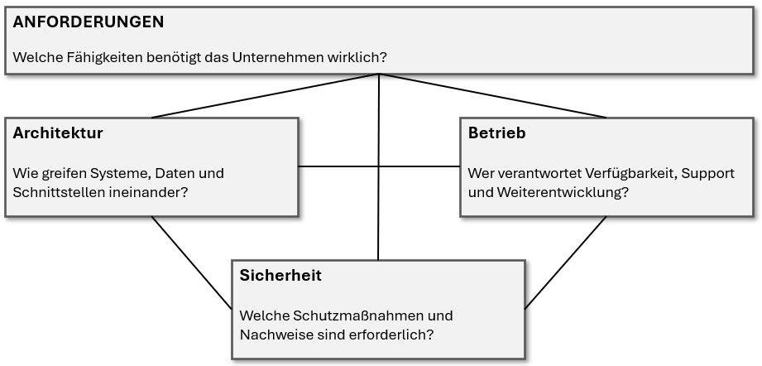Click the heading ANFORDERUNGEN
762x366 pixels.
pos(89,22)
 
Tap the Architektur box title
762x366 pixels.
pos(58,133)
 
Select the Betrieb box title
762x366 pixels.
pos(496,133)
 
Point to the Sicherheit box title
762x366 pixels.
pos(280,276)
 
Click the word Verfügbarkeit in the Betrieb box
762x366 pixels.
pos(630,174)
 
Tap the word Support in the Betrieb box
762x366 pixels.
pos(708,174)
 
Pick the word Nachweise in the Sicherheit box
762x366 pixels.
pos(271,335)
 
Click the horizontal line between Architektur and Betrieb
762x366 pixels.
pos(379,166)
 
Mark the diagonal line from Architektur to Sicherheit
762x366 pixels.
pos(192,262)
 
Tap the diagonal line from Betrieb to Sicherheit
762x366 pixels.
pos(566,262)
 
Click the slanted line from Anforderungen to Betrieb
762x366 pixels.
pos(493,96)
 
